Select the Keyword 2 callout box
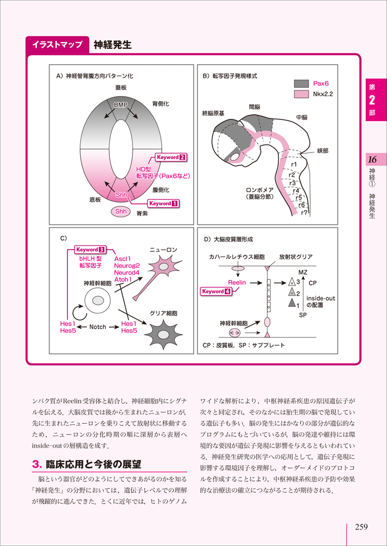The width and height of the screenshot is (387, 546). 171,156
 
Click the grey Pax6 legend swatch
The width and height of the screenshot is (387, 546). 301,83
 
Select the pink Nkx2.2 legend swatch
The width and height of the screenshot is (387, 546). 301,94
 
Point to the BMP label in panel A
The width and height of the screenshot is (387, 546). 120,105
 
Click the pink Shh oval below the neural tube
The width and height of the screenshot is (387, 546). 121,212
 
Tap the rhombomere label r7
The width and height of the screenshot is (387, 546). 304,213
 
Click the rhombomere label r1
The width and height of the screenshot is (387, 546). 294,165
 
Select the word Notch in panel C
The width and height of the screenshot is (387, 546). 98,327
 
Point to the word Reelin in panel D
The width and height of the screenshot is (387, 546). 237,282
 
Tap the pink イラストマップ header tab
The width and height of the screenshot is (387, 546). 57,44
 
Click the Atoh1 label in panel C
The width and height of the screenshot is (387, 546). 122,280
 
